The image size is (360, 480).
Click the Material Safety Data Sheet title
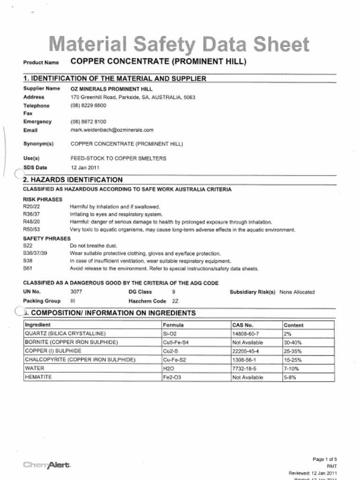[x=180, y=45]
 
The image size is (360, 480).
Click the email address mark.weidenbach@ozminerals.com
[x=112, y=130]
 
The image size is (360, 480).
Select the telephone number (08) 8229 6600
[x=88, y=105]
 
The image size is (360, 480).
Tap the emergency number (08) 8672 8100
[x=88, y=121]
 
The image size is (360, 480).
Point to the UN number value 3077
[x=76, y=292]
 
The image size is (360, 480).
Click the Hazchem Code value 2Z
[x=175, y=301]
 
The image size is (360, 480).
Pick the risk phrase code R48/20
[x=31, y=222]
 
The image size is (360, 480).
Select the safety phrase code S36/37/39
[x=35, y=253]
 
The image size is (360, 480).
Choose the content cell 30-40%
[x=292, y=343]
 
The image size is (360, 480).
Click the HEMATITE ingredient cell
[x=38, y=377]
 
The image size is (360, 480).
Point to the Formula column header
[x=173, y=325]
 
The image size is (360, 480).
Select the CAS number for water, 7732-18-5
[x=244, y=368]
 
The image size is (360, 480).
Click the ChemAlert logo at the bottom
[x=47, y=465]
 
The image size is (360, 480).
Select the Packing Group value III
[x=73, y=301]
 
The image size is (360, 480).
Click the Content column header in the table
[x=293, y=325]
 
